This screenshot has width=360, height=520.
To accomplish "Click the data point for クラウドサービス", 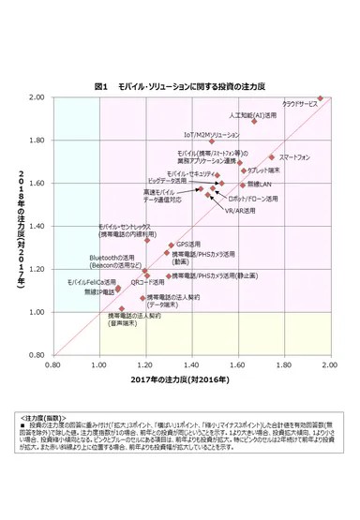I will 321,98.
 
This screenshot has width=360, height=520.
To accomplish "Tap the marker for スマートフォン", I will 272,157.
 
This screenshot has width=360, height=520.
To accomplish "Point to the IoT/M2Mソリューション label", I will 212,134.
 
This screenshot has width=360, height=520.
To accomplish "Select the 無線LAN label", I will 260,185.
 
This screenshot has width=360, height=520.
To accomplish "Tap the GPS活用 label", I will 189,244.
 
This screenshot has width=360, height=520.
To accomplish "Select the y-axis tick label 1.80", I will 37,141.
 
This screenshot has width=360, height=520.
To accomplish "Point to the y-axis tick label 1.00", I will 37,312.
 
